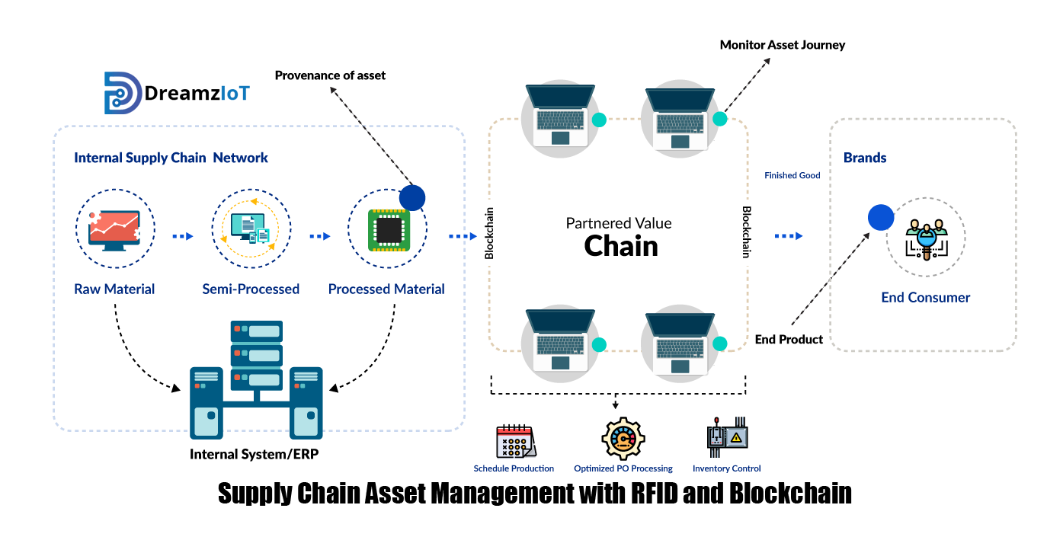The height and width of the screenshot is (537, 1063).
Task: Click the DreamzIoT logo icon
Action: coord(123,93)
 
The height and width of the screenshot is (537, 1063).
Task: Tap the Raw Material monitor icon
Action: coord(114,231)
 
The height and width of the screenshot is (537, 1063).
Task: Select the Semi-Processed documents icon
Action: coord(250,228)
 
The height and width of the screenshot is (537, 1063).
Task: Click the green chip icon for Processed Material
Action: coord(389,230)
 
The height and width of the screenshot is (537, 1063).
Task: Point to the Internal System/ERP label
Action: coord(254,455)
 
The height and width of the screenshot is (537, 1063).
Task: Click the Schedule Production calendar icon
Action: coord(516,441)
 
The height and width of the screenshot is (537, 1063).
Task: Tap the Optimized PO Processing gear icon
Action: coord(623,438)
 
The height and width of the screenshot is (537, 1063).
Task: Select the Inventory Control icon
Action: coord(727,437)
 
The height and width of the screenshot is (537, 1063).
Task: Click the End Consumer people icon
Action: coord(927,238)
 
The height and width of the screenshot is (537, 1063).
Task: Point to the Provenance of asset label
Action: coord(330,75)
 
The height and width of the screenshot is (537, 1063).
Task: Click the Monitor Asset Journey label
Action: coord(783,45)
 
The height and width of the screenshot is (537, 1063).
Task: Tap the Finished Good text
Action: coord(792,175)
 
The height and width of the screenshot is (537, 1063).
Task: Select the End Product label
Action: coord(789,340)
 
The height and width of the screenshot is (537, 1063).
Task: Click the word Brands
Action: coord(865,158)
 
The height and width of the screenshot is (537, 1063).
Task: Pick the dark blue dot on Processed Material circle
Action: coord(412,198)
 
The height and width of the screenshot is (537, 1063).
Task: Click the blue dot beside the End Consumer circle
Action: coord(881,218)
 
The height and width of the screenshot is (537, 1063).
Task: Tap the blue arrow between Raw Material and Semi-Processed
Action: coord(183,236)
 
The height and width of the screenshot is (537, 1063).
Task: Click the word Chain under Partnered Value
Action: coord(621,246)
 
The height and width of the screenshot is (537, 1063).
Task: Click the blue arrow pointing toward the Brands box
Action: coord(788,236)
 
